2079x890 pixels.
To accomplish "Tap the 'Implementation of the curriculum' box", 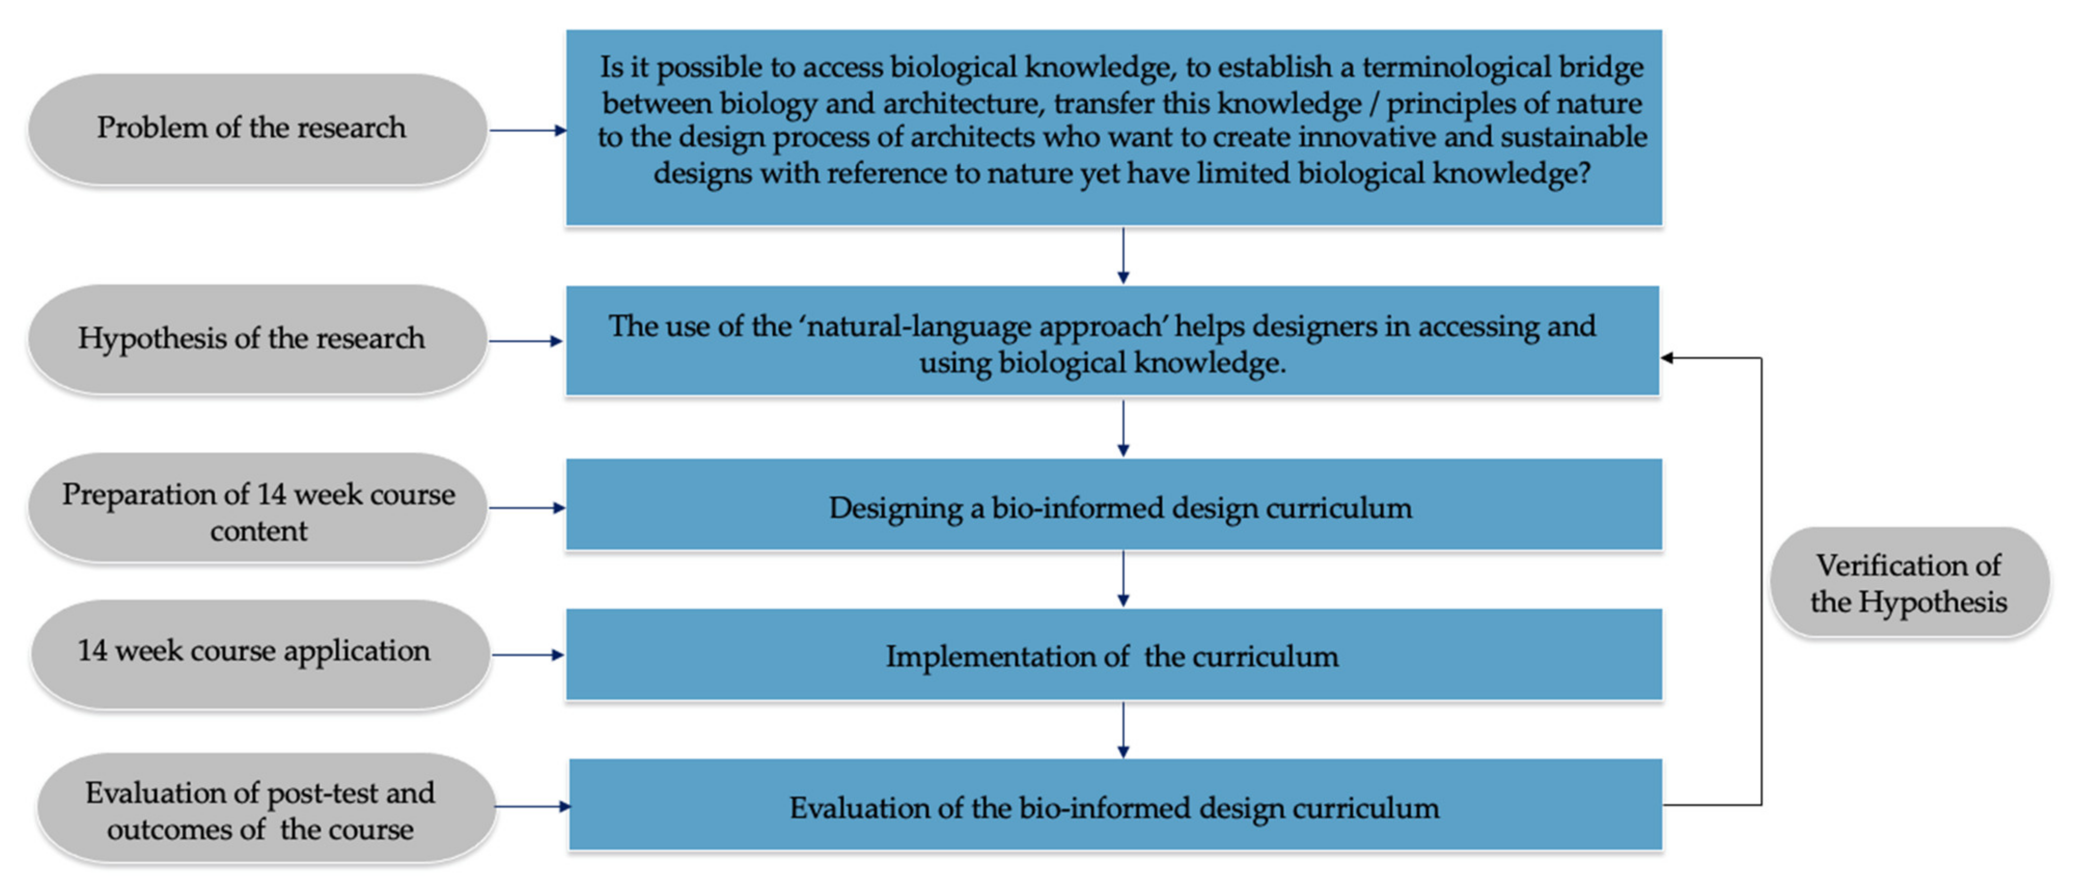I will point(1114,655).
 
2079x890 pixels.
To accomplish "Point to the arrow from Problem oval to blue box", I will point(528,130).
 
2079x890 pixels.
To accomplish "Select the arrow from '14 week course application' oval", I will point(528,655).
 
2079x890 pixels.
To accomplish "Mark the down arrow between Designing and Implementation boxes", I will point(1122,579).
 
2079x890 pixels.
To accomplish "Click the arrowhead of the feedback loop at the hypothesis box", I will point(1667,357).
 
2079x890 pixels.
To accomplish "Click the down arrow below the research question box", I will point(1122,256).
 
